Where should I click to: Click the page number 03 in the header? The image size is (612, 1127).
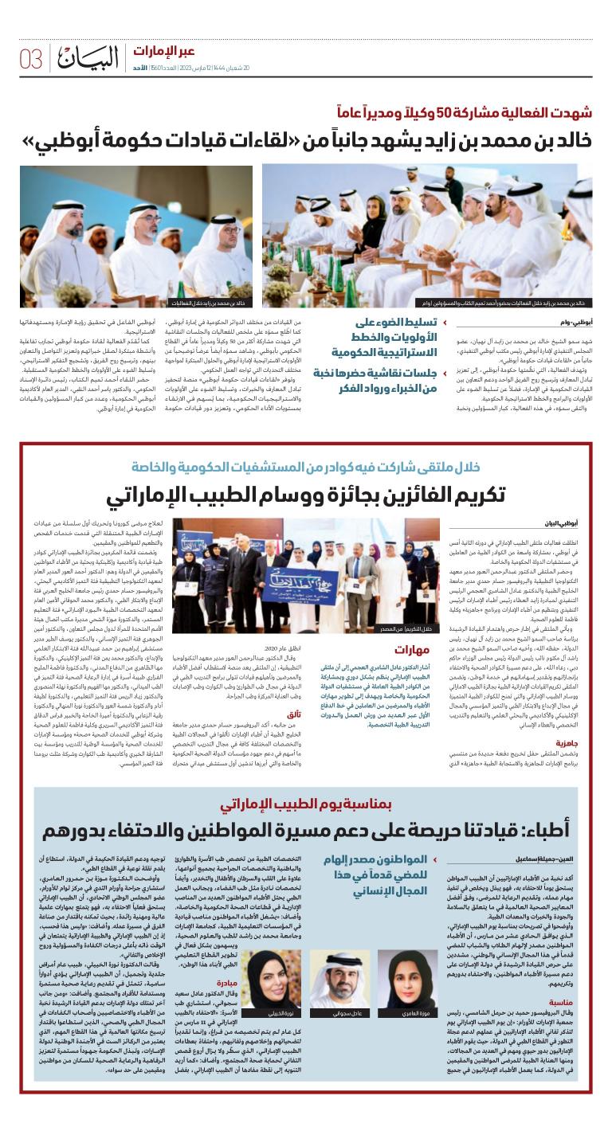tap(31, 58)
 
